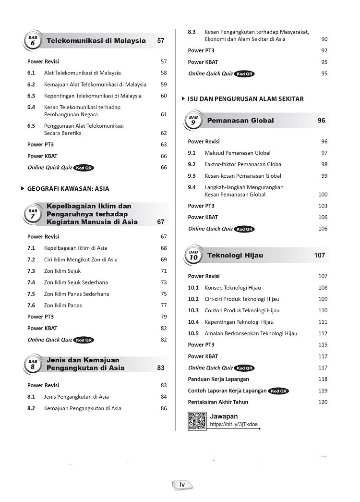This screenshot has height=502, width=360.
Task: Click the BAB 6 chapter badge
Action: (x=32, y=41)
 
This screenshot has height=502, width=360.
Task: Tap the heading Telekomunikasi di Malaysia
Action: (x=96, y=41)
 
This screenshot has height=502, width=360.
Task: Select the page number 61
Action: (x=164, y=115)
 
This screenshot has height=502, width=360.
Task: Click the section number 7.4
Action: (x=31, y=282)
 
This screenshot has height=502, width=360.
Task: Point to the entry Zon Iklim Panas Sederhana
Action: (x=76, y=294)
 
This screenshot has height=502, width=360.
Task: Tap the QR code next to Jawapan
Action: (x=197, y=421)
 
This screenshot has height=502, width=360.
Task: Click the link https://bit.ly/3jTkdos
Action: (x=233, y=425)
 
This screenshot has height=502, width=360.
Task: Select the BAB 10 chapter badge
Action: (x=192, y=257)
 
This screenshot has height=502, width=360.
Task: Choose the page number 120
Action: (x=323, y=402)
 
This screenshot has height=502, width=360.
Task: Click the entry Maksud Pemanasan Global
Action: (x=238, y=153)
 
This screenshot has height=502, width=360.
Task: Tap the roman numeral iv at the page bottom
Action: (x=182, y=485)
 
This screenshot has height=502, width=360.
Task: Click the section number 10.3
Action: (x=193, y=310)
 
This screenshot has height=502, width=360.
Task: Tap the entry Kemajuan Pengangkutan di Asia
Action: (x=83, y=408)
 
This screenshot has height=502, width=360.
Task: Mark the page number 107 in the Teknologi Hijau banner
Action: (x=320, y=256)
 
